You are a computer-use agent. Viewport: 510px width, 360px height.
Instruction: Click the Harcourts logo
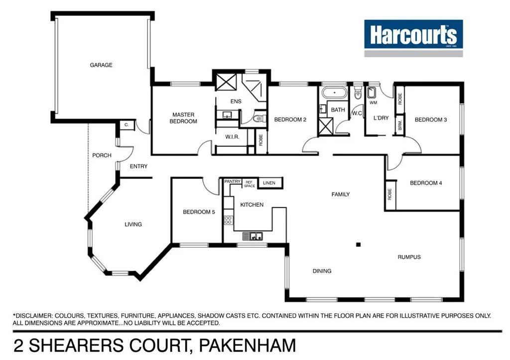(x=413, y=35)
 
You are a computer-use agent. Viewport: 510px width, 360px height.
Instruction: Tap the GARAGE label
(x=101, y=65)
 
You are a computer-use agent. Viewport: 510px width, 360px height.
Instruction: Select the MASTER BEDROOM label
(x=183, y=118)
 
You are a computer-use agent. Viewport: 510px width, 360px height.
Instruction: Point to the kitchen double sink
(x=253, y=237)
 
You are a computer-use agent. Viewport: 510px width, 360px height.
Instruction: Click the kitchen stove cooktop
(x=228, y=220)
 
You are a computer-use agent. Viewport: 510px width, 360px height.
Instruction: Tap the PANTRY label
(x=232, y=182)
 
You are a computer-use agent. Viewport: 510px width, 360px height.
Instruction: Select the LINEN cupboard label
(x=269, y=183)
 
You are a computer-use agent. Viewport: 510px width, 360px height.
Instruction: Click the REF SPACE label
(x=249, y=184)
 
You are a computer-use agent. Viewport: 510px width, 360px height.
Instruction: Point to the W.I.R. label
(x=233, y=137)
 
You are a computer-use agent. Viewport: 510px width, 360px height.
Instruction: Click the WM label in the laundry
(x=373, y=103)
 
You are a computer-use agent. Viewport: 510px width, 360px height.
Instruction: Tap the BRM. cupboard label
(x=399, y=125)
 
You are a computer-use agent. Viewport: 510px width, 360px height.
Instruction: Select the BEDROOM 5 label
(x=199, y=212)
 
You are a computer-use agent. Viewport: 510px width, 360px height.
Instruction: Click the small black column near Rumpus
(x=358, y=244)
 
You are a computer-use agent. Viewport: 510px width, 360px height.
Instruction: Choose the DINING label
(x=322, y=271)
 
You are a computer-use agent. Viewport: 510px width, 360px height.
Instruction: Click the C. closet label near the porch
(x=127, y=125)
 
